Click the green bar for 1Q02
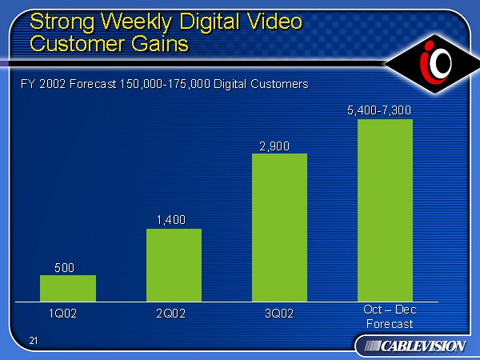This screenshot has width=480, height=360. [68, 288]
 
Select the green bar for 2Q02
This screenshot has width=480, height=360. [174, 265]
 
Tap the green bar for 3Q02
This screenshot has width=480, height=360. [279, 227]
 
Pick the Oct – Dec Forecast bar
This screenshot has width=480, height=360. [385, 210]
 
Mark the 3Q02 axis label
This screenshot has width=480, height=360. [279, 313]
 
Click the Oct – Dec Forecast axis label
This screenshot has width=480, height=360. [390, 317]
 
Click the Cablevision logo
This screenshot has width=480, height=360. [410, 345]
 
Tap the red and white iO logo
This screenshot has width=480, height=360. [434, 62]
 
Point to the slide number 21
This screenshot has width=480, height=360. [34, 342]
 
